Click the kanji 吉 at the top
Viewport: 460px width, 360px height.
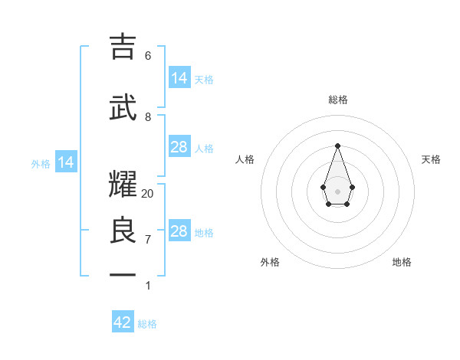coord(123,47)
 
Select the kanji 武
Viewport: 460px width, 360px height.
coord(123,107)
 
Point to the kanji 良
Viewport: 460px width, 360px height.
coord(123,231)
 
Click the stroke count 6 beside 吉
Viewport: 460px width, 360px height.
coord(148,56)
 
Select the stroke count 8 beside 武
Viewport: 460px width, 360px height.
coord(148,117)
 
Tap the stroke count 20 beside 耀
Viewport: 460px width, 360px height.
coord(148,194)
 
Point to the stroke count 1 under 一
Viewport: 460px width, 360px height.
coord(148,286)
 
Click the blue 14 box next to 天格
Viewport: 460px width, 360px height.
coord(179,78)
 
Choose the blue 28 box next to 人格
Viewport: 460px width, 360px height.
coord(179,147)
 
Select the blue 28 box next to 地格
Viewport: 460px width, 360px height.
coord(179,231)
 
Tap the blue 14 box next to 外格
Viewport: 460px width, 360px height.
coord(66,162)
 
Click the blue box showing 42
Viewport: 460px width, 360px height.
coord(123,322)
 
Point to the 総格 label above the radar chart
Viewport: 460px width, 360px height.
coord(338,100)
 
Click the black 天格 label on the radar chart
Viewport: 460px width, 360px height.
coord(432,159)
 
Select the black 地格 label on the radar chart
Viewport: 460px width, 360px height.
coord(402,262)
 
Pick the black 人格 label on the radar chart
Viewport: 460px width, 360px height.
coord(245,159)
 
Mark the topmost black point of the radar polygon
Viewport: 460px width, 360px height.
coord(337,145)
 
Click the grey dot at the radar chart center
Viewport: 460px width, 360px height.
coord(337,191)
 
